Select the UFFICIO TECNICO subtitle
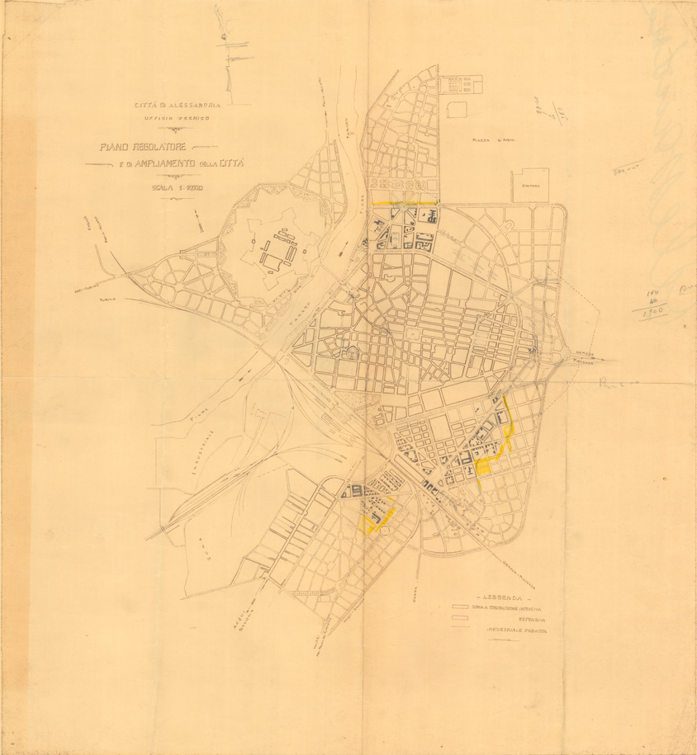(177, 119)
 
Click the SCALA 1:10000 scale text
(177, 188)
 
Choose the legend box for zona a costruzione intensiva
(461, 609)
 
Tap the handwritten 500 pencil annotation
(628, 170)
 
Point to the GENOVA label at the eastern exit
(586, 353)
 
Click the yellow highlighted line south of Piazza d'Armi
(405, 202)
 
